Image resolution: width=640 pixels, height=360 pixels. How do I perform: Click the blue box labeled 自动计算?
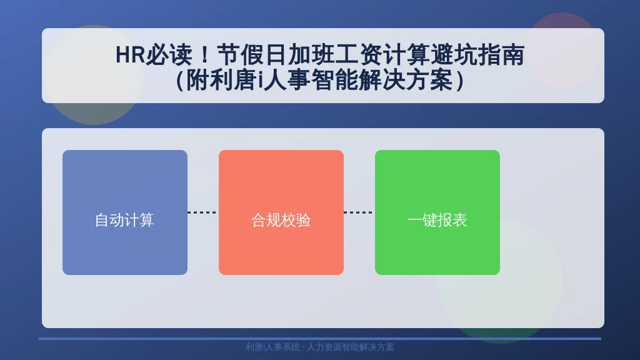tap(125, 212)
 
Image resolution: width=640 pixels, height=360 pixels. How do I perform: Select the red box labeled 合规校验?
tap(281, 212)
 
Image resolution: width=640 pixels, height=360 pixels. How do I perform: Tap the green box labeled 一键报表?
tap(437, 212)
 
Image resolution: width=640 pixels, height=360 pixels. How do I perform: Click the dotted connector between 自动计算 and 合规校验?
tap(203, 212)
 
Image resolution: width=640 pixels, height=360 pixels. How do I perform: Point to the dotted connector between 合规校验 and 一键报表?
tap(359, 212)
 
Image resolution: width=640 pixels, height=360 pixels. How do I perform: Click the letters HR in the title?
tap(130, 55)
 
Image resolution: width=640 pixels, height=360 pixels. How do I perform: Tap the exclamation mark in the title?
tap(204, 55)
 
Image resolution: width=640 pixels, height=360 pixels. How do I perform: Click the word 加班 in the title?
tap(311, 55)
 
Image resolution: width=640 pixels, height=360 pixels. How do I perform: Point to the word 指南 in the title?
tap(501, 55)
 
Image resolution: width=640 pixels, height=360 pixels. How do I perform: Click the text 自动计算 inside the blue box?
tap(124, 221)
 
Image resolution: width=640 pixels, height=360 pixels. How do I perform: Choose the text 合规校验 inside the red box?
tap(281, 221)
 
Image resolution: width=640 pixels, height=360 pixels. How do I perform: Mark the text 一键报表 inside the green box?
tap(437, 221)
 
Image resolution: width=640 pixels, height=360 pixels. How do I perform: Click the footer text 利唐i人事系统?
tap(272, 347)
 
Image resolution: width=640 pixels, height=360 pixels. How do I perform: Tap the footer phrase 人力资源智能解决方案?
tap(350, 347)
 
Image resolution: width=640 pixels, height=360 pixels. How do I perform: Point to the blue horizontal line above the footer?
tap(320, 338)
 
